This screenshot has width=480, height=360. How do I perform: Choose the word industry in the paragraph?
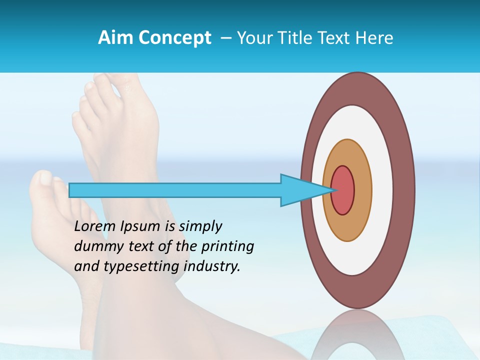click(212, 266)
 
